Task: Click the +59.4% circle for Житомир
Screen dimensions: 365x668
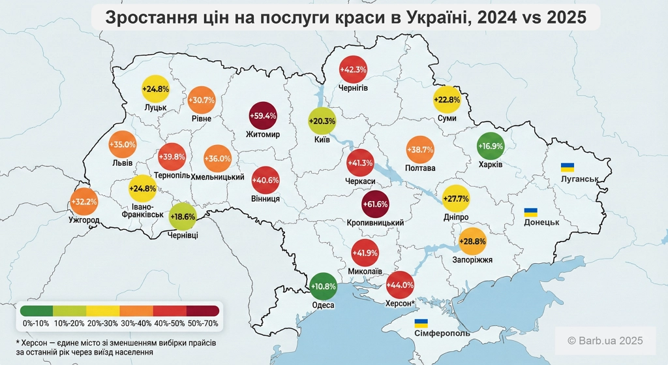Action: click(263, 116)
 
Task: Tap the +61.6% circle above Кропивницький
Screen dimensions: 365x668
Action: click(375, 204)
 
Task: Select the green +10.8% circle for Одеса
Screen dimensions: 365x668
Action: click(323, 286)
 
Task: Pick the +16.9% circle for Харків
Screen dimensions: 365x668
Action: click(491, 146)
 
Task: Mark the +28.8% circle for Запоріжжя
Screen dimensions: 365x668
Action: click(472, 241)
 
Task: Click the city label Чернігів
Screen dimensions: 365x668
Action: click(353, 87)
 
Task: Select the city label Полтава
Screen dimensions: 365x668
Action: click(420, 168)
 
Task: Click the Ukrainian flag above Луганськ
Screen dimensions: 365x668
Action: click(568, 167)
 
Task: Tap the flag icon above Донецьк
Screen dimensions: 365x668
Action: click(532, 212)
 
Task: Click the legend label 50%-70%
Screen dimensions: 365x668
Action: click(202, 323)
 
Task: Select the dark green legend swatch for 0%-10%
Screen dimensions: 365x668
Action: click(36, 310)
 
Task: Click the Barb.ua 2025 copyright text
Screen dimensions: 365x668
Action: click(605, 340)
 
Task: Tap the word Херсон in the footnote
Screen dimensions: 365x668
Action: click(37, 343)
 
